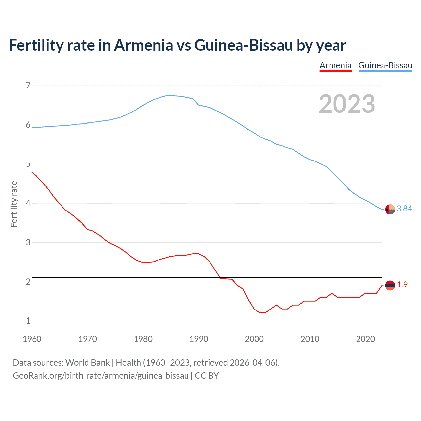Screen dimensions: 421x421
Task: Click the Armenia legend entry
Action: (335, 65)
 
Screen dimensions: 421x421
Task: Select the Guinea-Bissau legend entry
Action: (385, 65)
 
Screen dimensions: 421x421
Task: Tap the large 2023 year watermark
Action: (347, 104)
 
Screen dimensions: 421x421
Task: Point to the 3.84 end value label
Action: (404, 209)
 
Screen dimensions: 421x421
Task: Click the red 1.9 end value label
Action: (402, 285)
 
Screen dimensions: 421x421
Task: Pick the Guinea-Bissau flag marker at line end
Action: (390, 209)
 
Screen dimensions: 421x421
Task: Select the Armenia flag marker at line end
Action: (390, 285)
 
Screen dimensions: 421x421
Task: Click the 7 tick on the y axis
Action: (28, 86)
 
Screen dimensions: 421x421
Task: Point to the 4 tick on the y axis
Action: (28, 203)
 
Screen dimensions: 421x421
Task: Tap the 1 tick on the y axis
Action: (28, 321)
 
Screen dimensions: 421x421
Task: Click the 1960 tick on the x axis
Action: (32, 339)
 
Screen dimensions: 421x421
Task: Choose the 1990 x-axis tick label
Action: (199, 339)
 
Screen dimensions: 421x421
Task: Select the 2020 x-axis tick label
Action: (365, 339)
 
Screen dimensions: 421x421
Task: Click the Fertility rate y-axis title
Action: (14, 204)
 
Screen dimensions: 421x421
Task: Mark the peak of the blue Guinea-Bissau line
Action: (170, 95)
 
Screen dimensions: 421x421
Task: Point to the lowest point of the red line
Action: (262, 313)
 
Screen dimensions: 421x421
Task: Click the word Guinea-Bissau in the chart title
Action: (243, 45)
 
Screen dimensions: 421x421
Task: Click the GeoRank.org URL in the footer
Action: (101, 376)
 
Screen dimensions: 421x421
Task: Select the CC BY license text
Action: (207, 376)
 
